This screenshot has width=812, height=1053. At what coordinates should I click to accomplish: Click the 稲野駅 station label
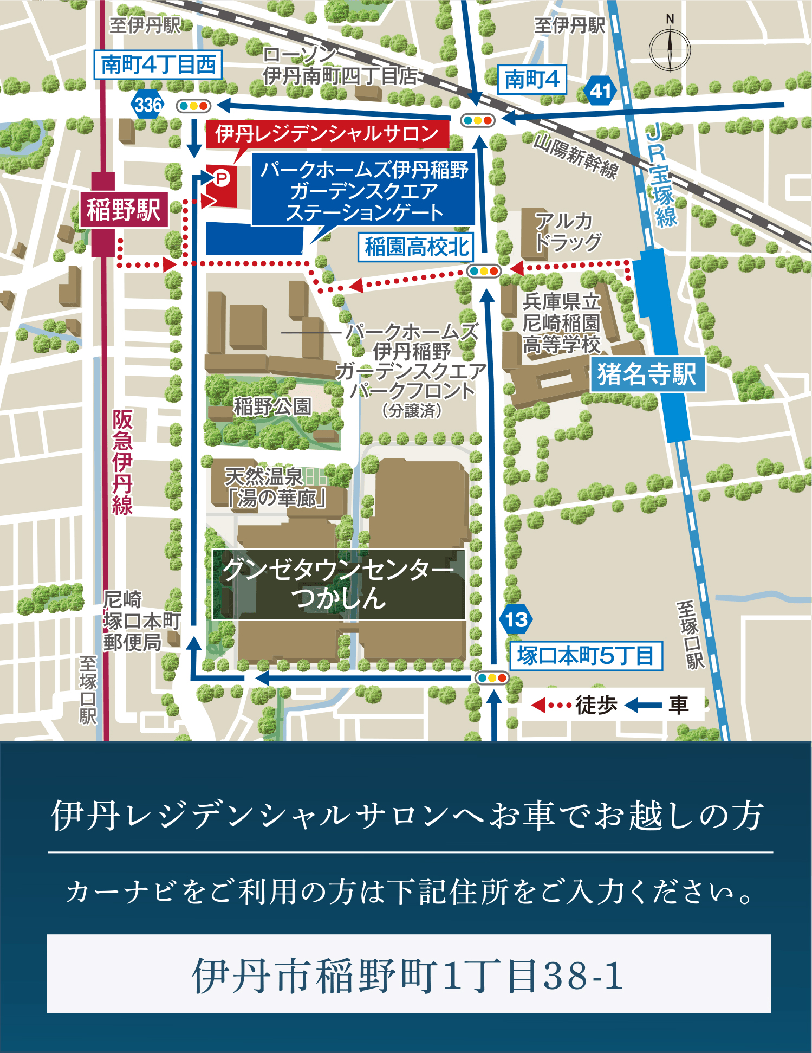click(124, 210)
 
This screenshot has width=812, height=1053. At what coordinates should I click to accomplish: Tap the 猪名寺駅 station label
click(647, 374)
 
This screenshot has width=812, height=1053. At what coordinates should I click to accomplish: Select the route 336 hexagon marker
click(147, 105)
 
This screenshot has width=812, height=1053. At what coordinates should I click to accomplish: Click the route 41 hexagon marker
click(600, 91)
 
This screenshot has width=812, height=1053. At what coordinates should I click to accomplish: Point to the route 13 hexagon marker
click(516, 619)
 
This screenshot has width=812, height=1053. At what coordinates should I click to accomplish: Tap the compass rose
click(670, 50)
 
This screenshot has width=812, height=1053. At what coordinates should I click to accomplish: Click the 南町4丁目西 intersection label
click(158, 65)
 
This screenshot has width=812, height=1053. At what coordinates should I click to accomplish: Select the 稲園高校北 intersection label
click(416, 247)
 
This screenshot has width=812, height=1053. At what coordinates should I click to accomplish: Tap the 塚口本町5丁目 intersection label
click(586, 656)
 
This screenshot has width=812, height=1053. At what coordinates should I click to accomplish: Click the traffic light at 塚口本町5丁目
click(491, 677)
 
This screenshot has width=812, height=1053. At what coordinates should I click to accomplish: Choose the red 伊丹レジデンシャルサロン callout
click(327, 134)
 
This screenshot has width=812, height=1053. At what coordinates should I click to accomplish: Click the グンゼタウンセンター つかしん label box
click(339, 584)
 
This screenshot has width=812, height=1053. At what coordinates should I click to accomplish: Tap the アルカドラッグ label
click(568, 232)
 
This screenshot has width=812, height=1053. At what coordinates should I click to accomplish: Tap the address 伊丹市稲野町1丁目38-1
click(408, 976)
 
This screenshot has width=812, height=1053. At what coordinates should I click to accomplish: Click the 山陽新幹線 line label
click(575, 157)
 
